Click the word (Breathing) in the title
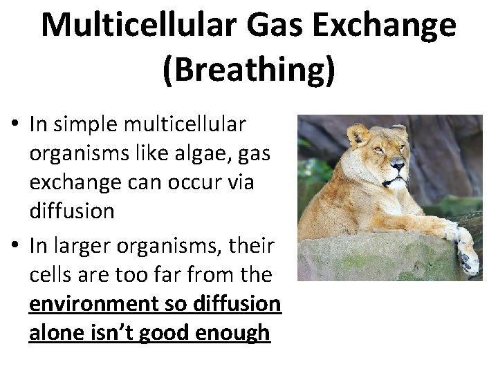pos(249,69)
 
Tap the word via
pos(239,182)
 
